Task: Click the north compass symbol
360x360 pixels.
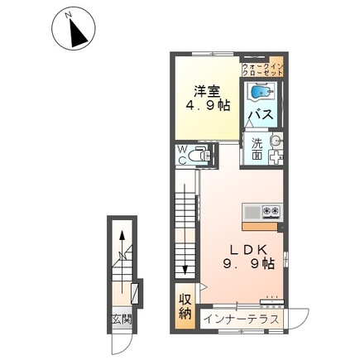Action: [74, 31]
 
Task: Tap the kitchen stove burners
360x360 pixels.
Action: [271, 212]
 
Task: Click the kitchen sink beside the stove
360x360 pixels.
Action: [252, 212]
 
